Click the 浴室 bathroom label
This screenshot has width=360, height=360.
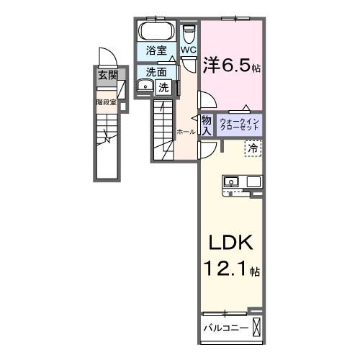click(x=156, y=50)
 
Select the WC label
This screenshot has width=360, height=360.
click(x=188, y=50)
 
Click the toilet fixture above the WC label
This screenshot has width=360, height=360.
click(x=189, y=33)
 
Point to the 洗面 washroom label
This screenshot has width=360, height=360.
click(x=156, y=72)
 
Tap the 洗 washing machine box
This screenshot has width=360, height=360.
click(x=163, y=88)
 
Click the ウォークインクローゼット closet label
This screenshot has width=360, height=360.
click(x=235, y=124)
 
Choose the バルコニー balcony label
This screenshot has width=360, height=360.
click(x=225, y=328)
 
